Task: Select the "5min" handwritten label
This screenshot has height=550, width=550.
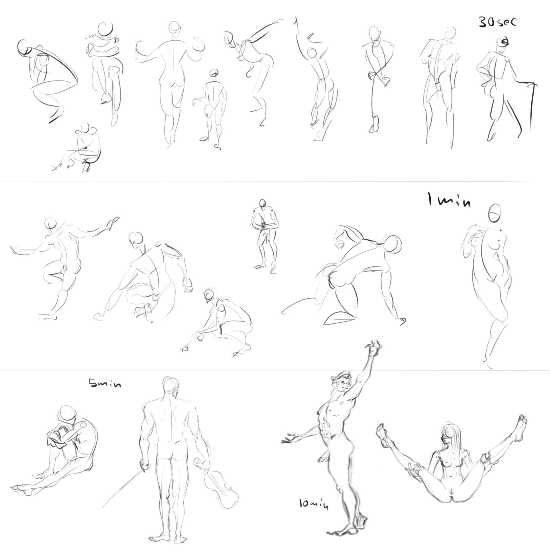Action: tap(105, 383)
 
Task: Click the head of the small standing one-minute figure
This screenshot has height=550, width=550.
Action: tap(262, 203)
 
